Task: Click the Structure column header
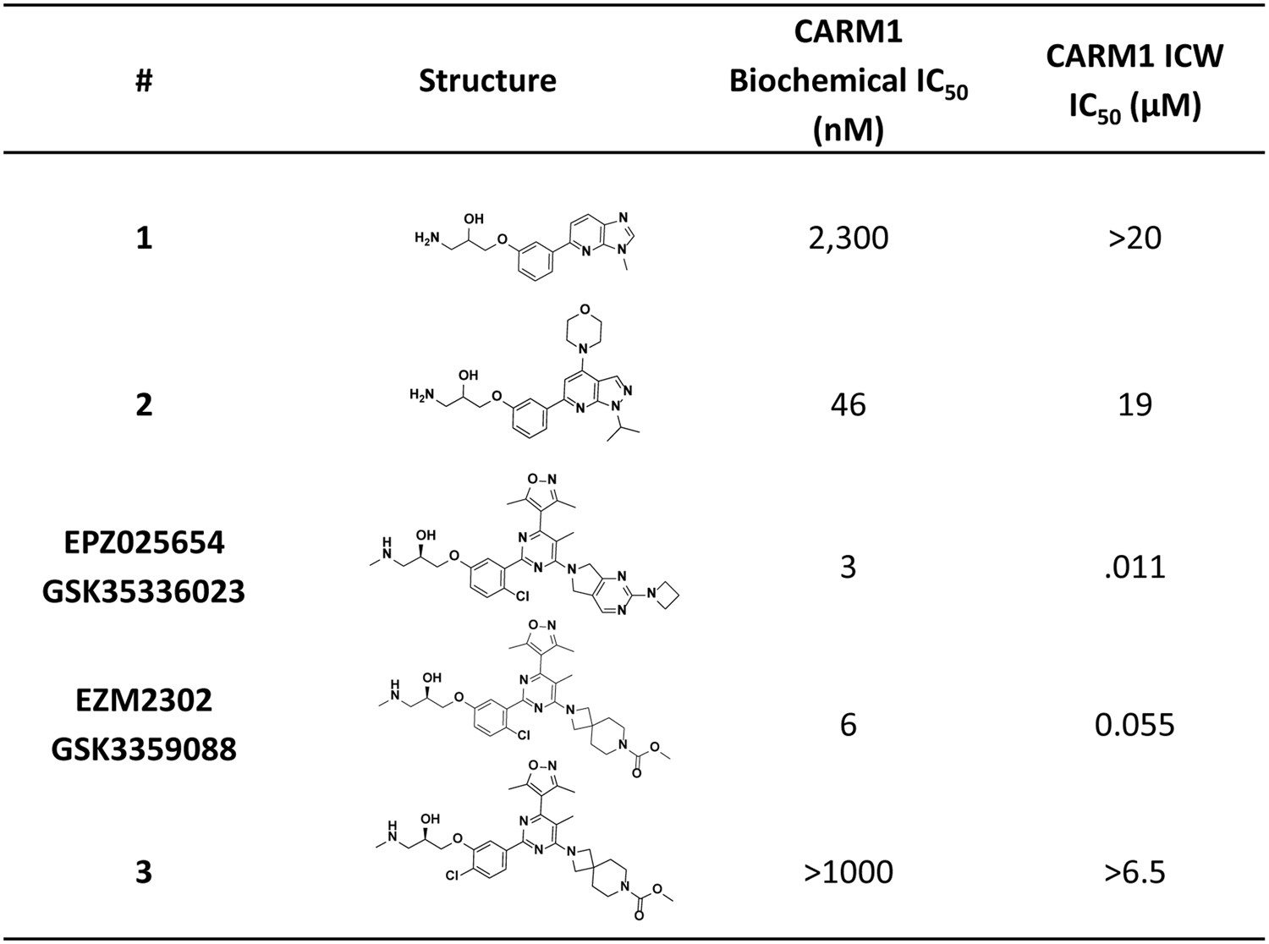pos(487,80)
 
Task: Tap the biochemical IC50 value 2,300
pos(849,238)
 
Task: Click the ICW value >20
pos(1134,238)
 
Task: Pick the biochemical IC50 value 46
pos(849,404)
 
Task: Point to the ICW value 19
pos(1134,404)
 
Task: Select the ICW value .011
pos(1134,566)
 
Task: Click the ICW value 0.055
pos(1134,725)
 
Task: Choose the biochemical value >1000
pos(849,871)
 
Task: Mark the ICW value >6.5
pos(1134,871)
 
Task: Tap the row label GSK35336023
pos(144,590)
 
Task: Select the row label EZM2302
pos(144,700)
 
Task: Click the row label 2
pos(144,404)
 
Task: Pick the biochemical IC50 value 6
pos(849,725)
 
